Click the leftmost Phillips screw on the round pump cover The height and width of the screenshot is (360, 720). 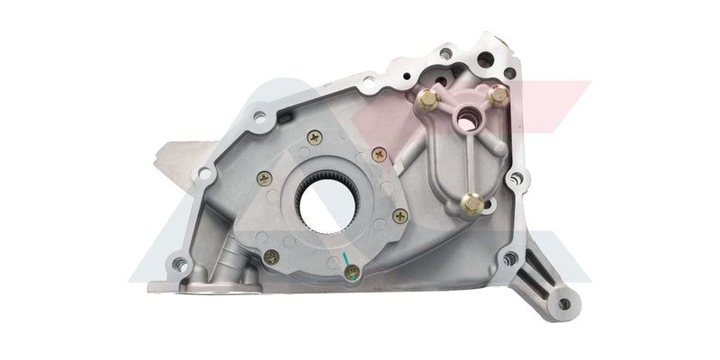point(264,177)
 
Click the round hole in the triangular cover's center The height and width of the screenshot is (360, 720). point(468,116)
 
